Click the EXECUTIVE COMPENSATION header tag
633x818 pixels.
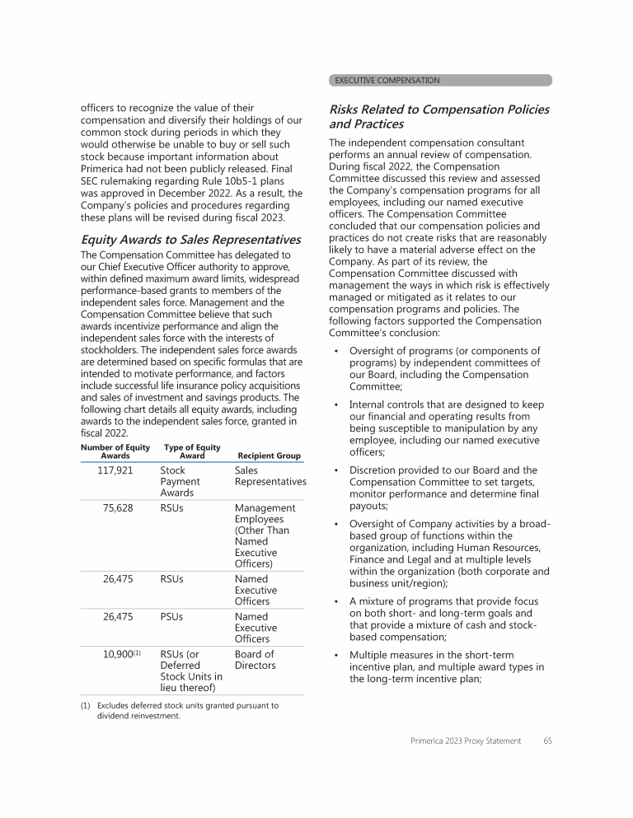(387, 81)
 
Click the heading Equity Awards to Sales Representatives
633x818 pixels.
(190, 240)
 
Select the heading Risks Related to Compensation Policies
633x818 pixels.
(438, 116)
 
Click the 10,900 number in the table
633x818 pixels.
(118, 654)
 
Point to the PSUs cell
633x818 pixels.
(171, 616)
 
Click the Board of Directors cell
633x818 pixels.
(256, 660)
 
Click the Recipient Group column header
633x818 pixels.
(269, 456)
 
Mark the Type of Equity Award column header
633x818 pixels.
(192, 451)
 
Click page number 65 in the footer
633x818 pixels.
(547, 741)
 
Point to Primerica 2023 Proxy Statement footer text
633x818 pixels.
(466, 741)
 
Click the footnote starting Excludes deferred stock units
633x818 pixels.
(186, 710)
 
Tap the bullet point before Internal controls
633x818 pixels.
(336, 404)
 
